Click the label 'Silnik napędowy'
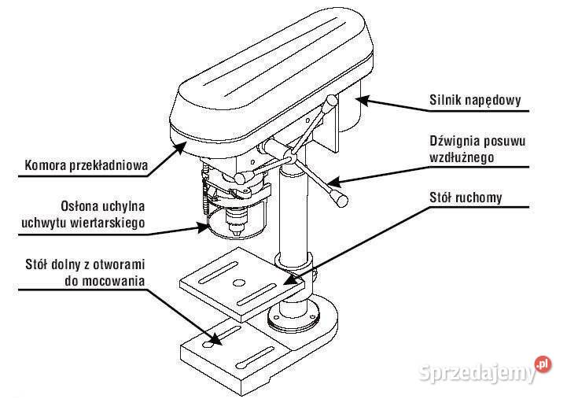(475, 100)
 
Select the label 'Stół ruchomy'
(466, 198)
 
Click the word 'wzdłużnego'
(462, 157)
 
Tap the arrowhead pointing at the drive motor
(363, 100)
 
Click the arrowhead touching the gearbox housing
(180, 148)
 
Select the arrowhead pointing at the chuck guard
(203, 227)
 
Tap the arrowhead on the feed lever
(334, 182)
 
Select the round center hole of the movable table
(238, 283)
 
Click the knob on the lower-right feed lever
(339, 198)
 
